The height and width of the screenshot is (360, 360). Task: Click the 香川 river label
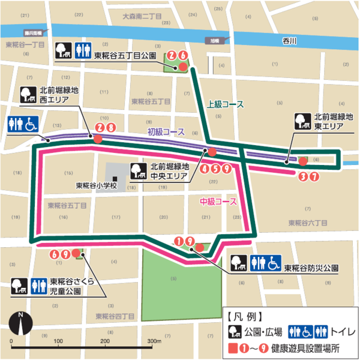click(289, 41)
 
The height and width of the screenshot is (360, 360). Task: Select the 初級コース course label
click(166, 131)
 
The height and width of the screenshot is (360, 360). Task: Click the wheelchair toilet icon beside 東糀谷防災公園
click(274, 263)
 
